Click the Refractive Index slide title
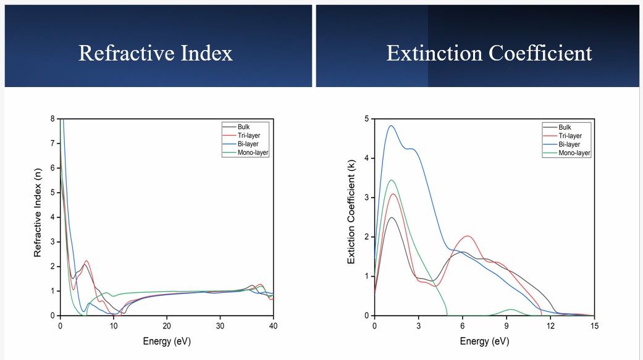[x=156, y=53]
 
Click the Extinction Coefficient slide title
[x=489, y=53]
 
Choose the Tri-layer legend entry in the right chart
[x=569, y=135]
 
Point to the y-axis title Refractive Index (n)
[x=38, y=216]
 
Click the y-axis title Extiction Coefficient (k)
[x=351, y=216]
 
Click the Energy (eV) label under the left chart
[x=167, y=341]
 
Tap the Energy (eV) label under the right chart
[x=485, y=341]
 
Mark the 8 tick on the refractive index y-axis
[x=53, y=119]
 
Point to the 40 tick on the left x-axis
[x=274, y=325]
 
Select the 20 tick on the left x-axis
[x=167, y=325]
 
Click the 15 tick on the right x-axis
[x=594, y=325]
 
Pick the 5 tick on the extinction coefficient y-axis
[x=366, y=119]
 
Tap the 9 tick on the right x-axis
[x=506, y=325]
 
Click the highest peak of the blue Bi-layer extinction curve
[x=390, y=126]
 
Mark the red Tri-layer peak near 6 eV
[x=468, y=236]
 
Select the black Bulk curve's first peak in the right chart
[x=391, y=217]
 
